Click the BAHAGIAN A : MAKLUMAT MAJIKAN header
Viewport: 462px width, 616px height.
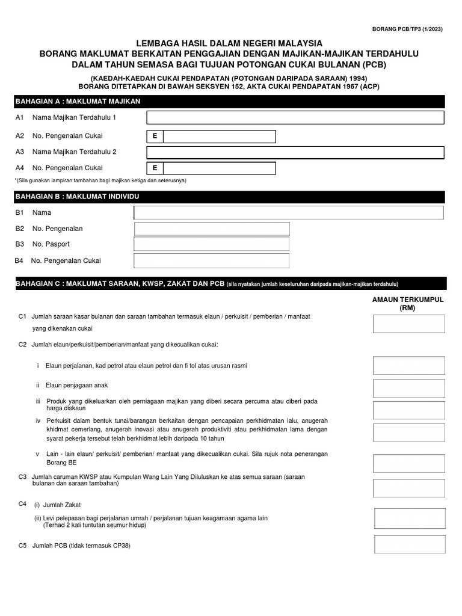78,101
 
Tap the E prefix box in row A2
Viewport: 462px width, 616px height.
155,137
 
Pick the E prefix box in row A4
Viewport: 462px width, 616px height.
155,168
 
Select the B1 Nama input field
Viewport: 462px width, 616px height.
289,212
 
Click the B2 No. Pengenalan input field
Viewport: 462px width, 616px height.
211,229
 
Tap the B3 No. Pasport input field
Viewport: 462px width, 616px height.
211,244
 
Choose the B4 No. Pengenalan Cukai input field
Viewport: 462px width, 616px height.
211,260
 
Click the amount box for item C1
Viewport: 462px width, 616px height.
409,324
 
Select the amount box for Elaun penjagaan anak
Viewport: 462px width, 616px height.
409,387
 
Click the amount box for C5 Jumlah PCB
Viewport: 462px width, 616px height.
409,544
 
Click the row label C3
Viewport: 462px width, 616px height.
23,476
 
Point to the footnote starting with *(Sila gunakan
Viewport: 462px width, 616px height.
100,180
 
